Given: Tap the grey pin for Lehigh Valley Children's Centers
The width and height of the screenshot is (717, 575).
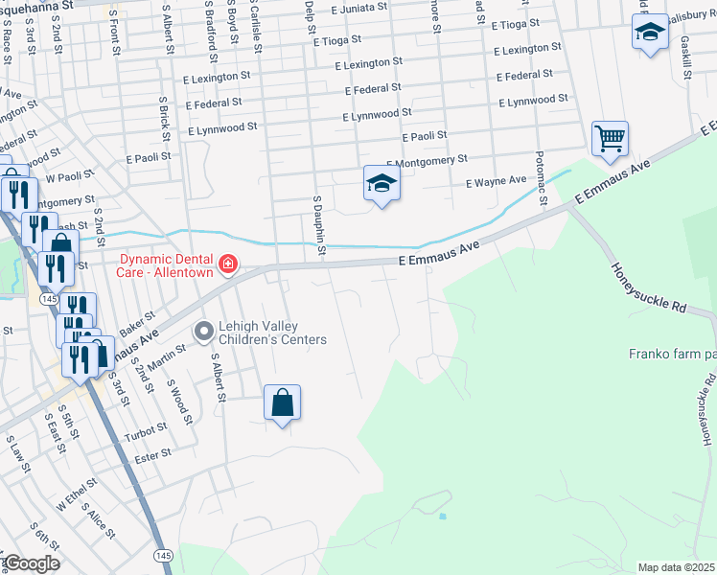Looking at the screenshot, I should (203, 332).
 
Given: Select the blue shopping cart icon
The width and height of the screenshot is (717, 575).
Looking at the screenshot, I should (610, 140).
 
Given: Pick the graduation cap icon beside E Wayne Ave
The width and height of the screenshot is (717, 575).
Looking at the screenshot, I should (381, 183).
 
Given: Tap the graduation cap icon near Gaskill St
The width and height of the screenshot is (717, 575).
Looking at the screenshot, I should (650, 33).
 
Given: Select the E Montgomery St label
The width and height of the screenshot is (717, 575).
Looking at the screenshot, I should (427, 160).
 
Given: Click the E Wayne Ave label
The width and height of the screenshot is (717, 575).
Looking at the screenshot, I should (496, 180).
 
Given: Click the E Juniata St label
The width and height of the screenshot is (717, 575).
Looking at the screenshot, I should (358, 7).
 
